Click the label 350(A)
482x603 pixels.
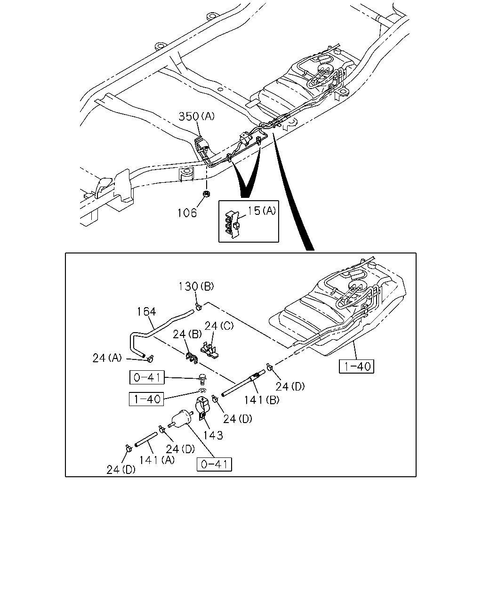[x=196, y=116]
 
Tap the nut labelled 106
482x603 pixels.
[x=207, y=193]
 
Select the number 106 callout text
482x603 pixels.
[x=187, y=213]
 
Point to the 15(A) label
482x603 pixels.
[x=262, y=211]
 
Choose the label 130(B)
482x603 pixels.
[x=196, y=286]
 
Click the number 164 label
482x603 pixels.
[x=146, y=311]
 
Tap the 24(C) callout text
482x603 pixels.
[x=219, y=326]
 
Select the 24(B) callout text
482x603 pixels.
[x=187, y=334]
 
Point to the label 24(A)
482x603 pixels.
[x=107, y=358]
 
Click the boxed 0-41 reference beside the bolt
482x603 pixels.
[x=147, y=377]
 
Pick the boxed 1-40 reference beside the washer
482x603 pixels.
[x=146, y=399]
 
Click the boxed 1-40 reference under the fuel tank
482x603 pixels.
[x=356, y=366]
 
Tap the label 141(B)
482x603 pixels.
[x=262, y=400]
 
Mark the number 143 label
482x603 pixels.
[x=213, y=435]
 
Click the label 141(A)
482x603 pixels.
[x=157, y=460]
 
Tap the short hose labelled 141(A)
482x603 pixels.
[x=146, y=440]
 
